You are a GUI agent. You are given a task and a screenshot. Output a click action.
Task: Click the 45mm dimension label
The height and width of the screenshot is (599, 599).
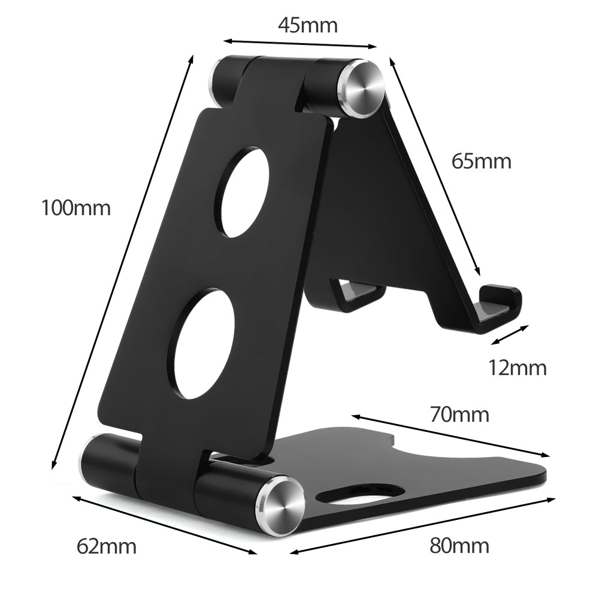point(307,25)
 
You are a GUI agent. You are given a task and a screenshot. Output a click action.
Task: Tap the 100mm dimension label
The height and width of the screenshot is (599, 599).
point(75,208)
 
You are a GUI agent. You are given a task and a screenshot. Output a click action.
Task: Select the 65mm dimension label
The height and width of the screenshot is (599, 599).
point(481,161)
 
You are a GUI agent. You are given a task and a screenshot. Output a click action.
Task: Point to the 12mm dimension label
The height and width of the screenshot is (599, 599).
point(517,368)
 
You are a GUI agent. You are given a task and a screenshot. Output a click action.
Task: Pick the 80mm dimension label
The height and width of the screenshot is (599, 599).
point(459,546)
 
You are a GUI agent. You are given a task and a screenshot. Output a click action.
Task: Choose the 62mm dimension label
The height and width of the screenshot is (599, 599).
point(107,546)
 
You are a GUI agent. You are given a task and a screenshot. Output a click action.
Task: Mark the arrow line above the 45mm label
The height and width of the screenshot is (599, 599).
point(301,44)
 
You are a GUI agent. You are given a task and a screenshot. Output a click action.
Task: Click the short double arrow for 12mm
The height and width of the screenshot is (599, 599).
point(510,335)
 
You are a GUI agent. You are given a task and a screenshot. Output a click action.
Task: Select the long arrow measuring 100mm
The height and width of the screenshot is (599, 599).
point(123,261)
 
